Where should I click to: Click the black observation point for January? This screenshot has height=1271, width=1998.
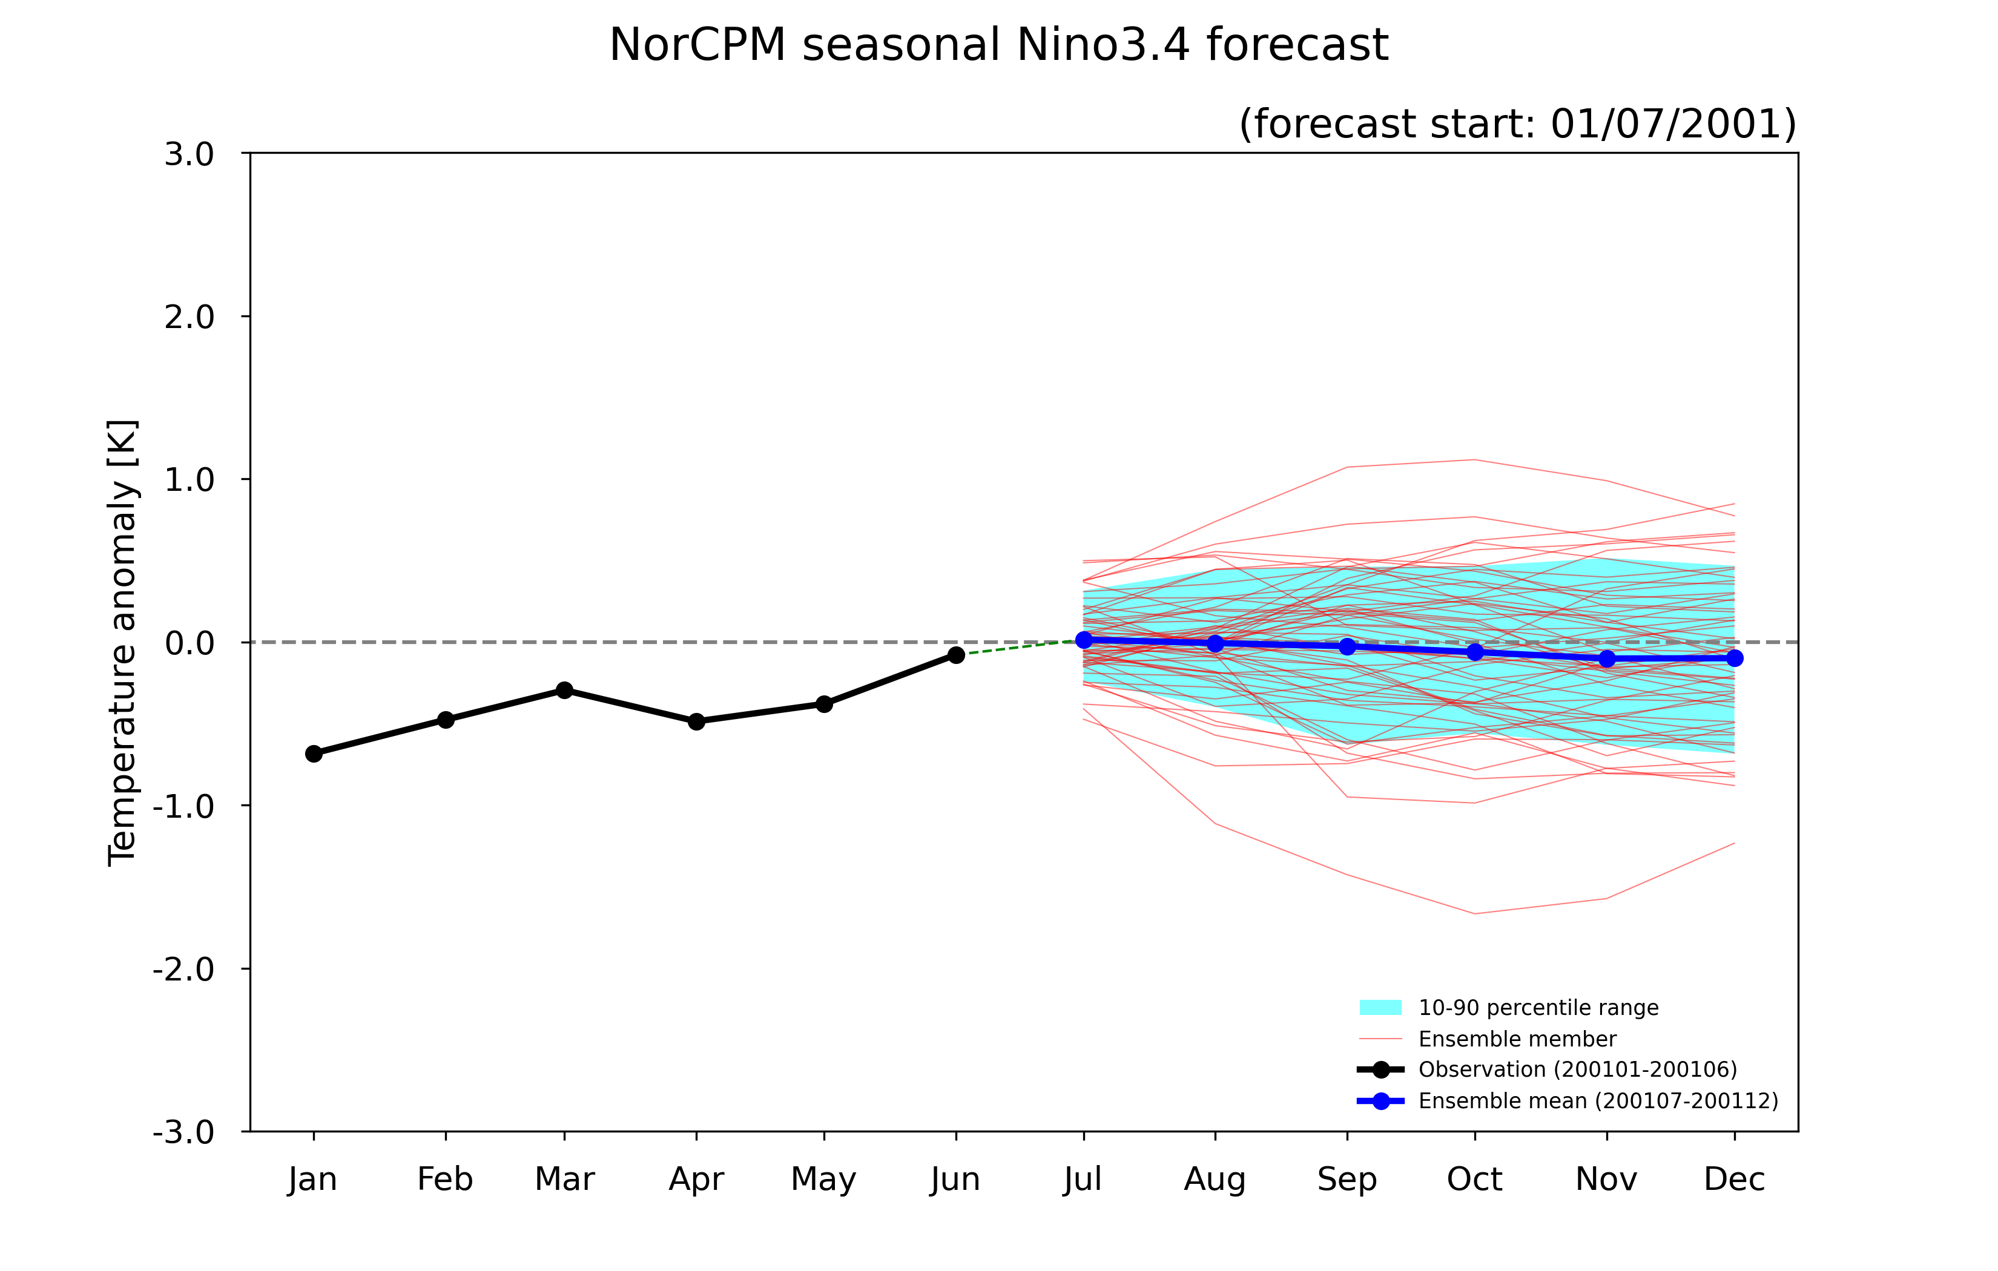coord(314,754)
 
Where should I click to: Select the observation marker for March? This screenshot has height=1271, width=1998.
coord(564,690)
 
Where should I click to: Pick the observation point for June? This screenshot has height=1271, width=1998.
coord(956,655)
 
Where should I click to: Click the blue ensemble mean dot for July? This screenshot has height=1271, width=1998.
coord(1084,640)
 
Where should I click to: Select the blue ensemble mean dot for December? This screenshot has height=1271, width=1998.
coord(1734,658)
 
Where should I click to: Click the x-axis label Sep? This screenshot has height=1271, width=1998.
coord(1347,1179)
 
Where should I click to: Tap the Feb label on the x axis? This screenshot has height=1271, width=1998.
coord(445,1179)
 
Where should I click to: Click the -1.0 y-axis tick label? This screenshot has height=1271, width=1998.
coord(183,806)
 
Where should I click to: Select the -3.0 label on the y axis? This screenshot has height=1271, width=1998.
coord(183,1132)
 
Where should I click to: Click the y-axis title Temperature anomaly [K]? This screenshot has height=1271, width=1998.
coord(123,643)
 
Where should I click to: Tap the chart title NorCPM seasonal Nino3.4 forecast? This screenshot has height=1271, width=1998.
coord(998,45)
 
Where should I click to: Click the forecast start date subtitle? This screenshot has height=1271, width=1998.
coord(1518,123)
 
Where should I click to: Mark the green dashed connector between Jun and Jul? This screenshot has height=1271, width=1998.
coord(1020,647)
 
